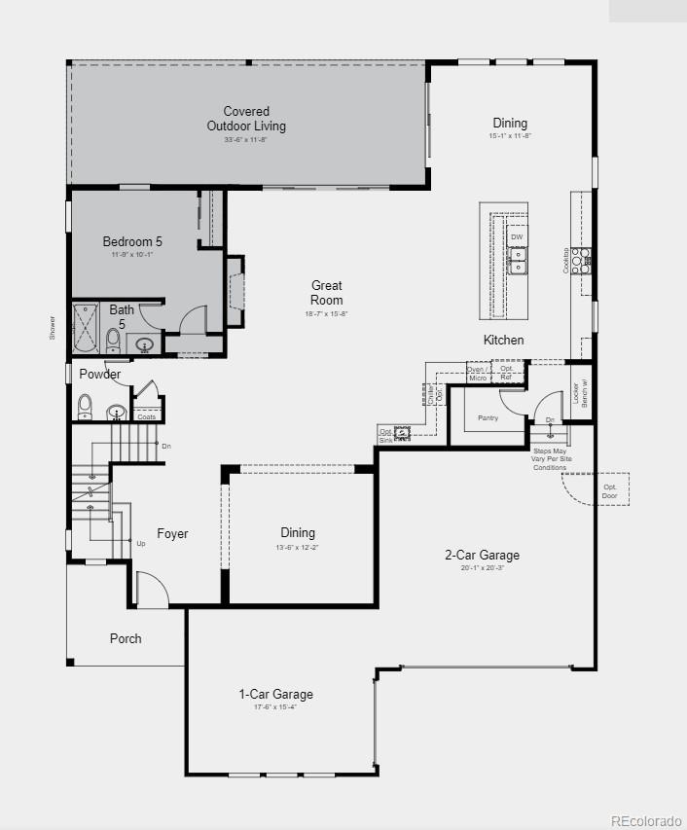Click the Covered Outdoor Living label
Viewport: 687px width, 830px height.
(x=246, y=119)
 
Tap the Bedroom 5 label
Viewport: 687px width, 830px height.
(x=132, y=241)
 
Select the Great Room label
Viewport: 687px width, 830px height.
(x=327, y=293)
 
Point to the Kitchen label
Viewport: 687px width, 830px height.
(x=504, y=340)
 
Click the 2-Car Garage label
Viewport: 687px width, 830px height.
(x=483, y=556)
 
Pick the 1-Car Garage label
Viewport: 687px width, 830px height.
(x=276, y=695)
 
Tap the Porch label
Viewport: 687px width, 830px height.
(x=126, y=638)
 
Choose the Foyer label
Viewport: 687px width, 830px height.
(x=173, y=534)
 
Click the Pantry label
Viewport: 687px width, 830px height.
(x=488, y=418)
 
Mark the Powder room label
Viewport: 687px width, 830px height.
(x=100, y=375)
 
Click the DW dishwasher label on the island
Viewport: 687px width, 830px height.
(x=517, y=237)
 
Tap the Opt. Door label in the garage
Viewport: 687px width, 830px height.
(x=610, y=491)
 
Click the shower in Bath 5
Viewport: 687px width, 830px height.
(x=87, y=328)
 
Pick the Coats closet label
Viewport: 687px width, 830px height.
(x=146, y=416)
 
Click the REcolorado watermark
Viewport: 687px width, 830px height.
(x=646, y=821)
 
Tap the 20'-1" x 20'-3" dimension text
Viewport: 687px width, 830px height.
(x=483, y=567)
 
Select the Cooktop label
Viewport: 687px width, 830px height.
(x=566, y=261)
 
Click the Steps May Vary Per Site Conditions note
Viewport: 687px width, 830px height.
(x=550, y=459)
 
